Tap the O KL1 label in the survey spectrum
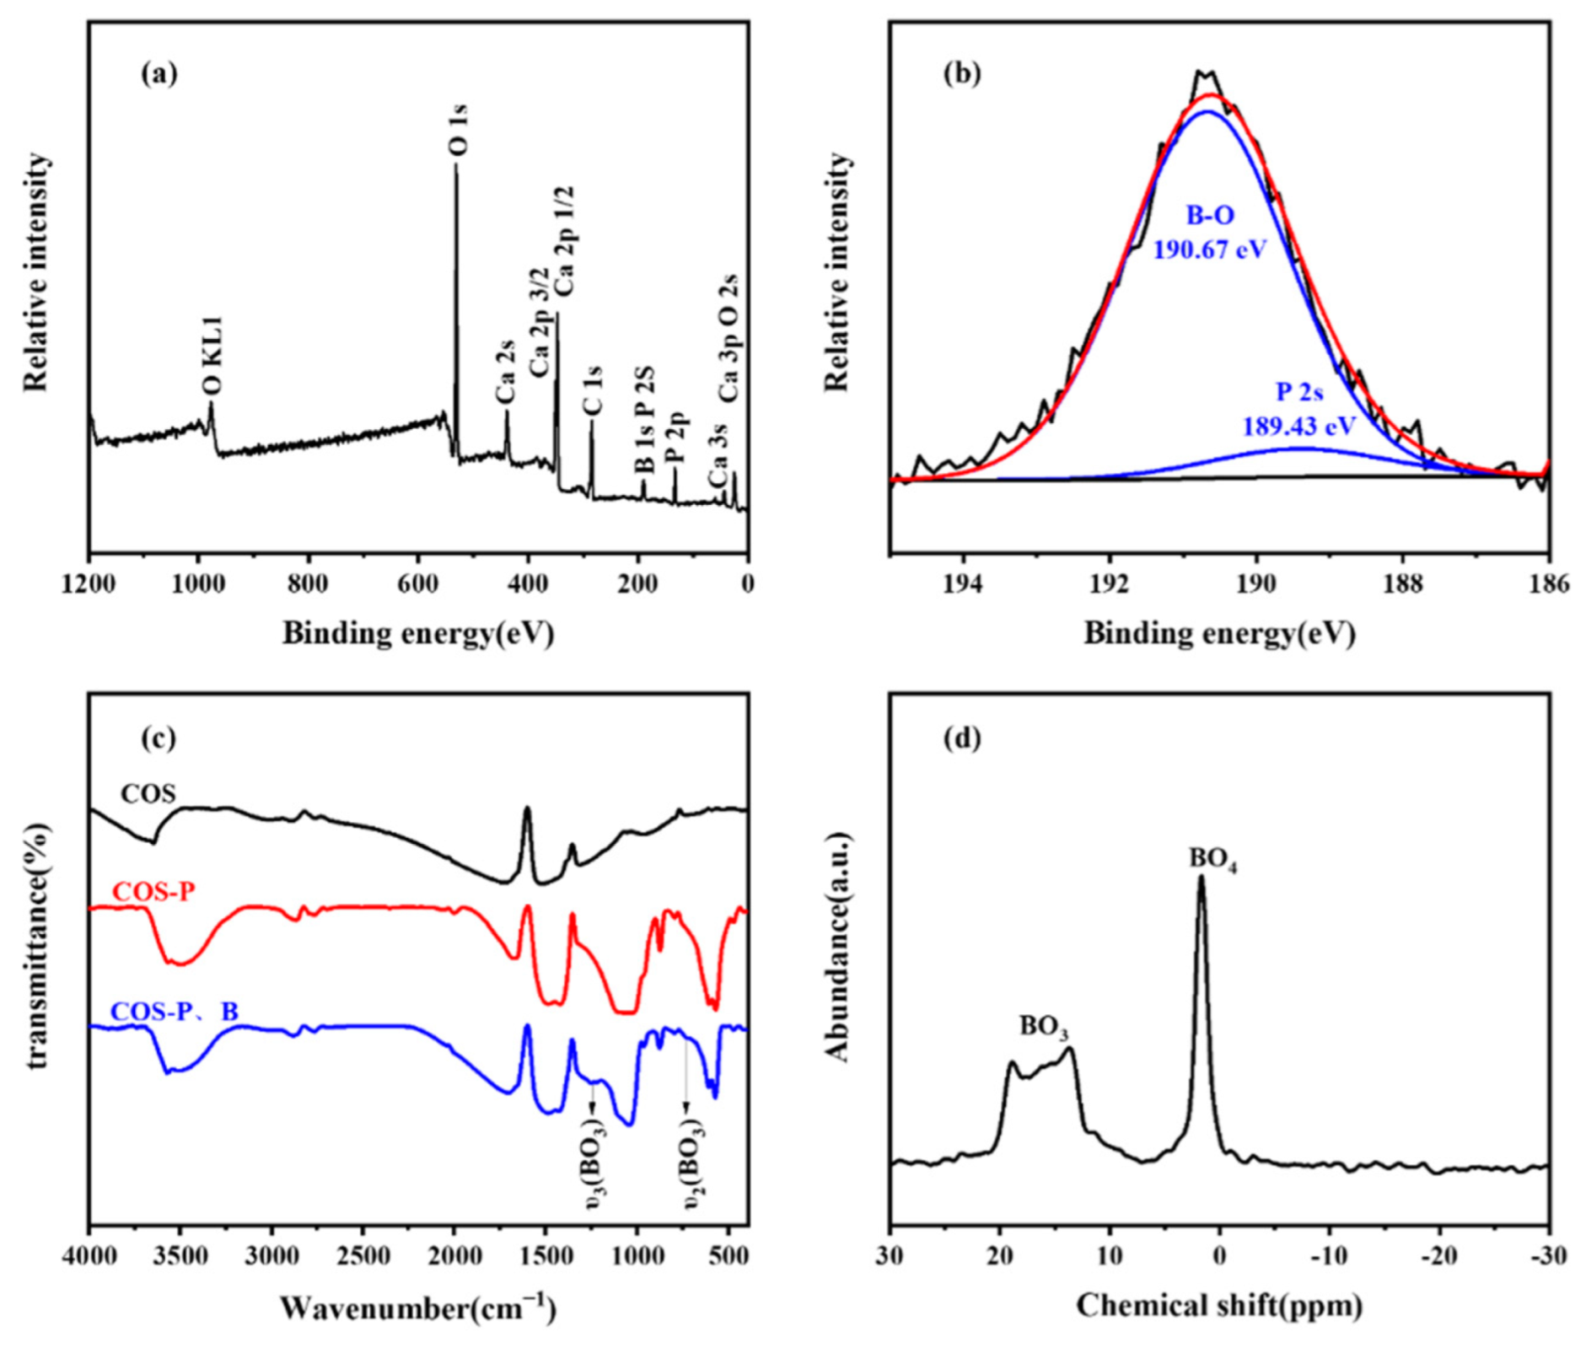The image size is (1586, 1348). click(x=212, y=356)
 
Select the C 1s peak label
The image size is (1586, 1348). click(x=594, y=390)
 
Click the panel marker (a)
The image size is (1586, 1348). click(x=159, y=74)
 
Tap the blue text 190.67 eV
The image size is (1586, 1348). click(x=1210, y=250)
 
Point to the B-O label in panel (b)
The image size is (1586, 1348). click(x=1210, y=216)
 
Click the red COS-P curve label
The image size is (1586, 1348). click(x=153, y=892)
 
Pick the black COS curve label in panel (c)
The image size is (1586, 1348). click(x=148, y=793)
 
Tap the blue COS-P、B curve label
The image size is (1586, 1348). click(x=175, y=1012)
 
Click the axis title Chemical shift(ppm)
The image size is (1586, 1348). click(x=1219, y=1305)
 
